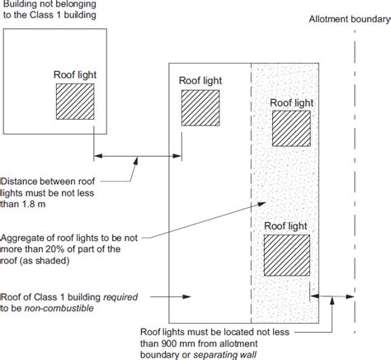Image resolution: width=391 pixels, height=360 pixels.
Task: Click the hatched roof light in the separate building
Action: pyautogui.click(x=75, y=102)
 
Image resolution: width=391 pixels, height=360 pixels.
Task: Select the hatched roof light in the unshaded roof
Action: pyautogui.click(x=200, y=108)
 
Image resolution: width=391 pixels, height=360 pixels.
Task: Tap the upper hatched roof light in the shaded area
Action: pyautogui.click(x=291, y=128)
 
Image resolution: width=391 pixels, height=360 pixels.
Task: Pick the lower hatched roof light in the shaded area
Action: pyautogui.click(x=287, y=255)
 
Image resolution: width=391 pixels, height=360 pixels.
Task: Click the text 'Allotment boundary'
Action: pyautogui.click(x=350, y=19)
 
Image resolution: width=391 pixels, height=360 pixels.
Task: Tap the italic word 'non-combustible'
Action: pyautogui.click(x=59, y=308)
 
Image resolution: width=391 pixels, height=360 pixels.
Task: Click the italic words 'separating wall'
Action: pyautogui.click(x=225, y=355)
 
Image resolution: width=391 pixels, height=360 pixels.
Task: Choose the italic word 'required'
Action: pyautogui.click(x=120, y=297)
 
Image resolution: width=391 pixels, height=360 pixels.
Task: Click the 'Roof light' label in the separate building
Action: pyautogui.click(x=75, y=74)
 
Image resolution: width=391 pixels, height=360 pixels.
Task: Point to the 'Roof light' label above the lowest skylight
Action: pyautogui.click(x=285, y=226)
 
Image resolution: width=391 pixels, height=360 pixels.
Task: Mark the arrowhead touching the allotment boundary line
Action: pyautogui.click(x=350, y=296)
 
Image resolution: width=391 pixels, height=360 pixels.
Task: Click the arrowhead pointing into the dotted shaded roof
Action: pyautogui.click(x=261, y=204)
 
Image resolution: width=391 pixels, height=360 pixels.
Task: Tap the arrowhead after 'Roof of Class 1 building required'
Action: pyautogui.click(x=187, y=296)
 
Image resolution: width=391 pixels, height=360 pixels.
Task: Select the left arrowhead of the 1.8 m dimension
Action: pyautogui.click(x=98, y=156)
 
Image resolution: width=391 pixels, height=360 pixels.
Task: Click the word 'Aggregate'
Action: pyautogui.click(x=20, y=239)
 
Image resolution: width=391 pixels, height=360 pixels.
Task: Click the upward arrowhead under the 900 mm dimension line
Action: pyautogui.click(x=332, y=301)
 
